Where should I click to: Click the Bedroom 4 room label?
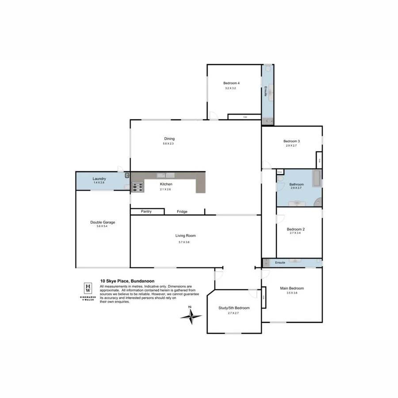tap(231, 83)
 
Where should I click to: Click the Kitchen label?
tap(166, 184)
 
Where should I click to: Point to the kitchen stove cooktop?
tap(138, 188)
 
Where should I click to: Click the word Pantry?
tap(146, 211)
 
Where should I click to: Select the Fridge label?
tap(182, 212)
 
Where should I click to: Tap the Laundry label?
tap(99, 179)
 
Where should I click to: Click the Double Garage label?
tap(103, 222)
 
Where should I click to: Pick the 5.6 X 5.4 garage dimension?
tap(103, 226)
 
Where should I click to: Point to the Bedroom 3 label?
tap(292, 141)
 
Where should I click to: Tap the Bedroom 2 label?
tap(295, 229)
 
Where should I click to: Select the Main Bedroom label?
tap(292, 288)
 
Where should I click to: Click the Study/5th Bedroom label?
tap(233, 308)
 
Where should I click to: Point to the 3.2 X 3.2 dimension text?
tap(231, 88)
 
